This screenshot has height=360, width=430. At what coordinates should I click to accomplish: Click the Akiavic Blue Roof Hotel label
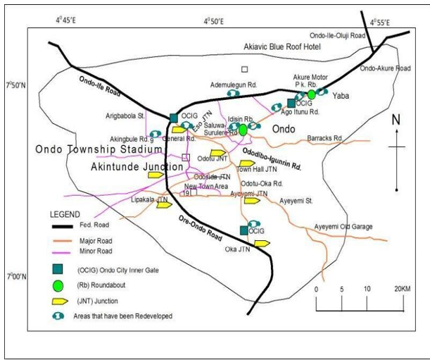click(x=282, y=46)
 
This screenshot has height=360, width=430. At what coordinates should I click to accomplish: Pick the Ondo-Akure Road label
click(x=385, y=69)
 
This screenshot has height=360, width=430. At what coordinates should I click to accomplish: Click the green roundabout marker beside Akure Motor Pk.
click(x=312, y=94)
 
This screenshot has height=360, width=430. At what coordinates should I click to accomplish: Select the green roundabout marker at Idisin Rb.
click(x=243, y=130)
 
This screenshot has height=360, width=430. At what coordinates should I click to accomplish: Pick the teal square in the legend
click(x=59, y=268)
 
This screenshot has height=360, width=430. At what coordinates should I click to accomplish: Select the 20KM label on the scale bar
click(x=401, y=290)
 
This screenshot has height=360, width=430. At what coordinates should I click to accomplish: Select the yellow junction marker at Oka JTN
click(x=261, y=244)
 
